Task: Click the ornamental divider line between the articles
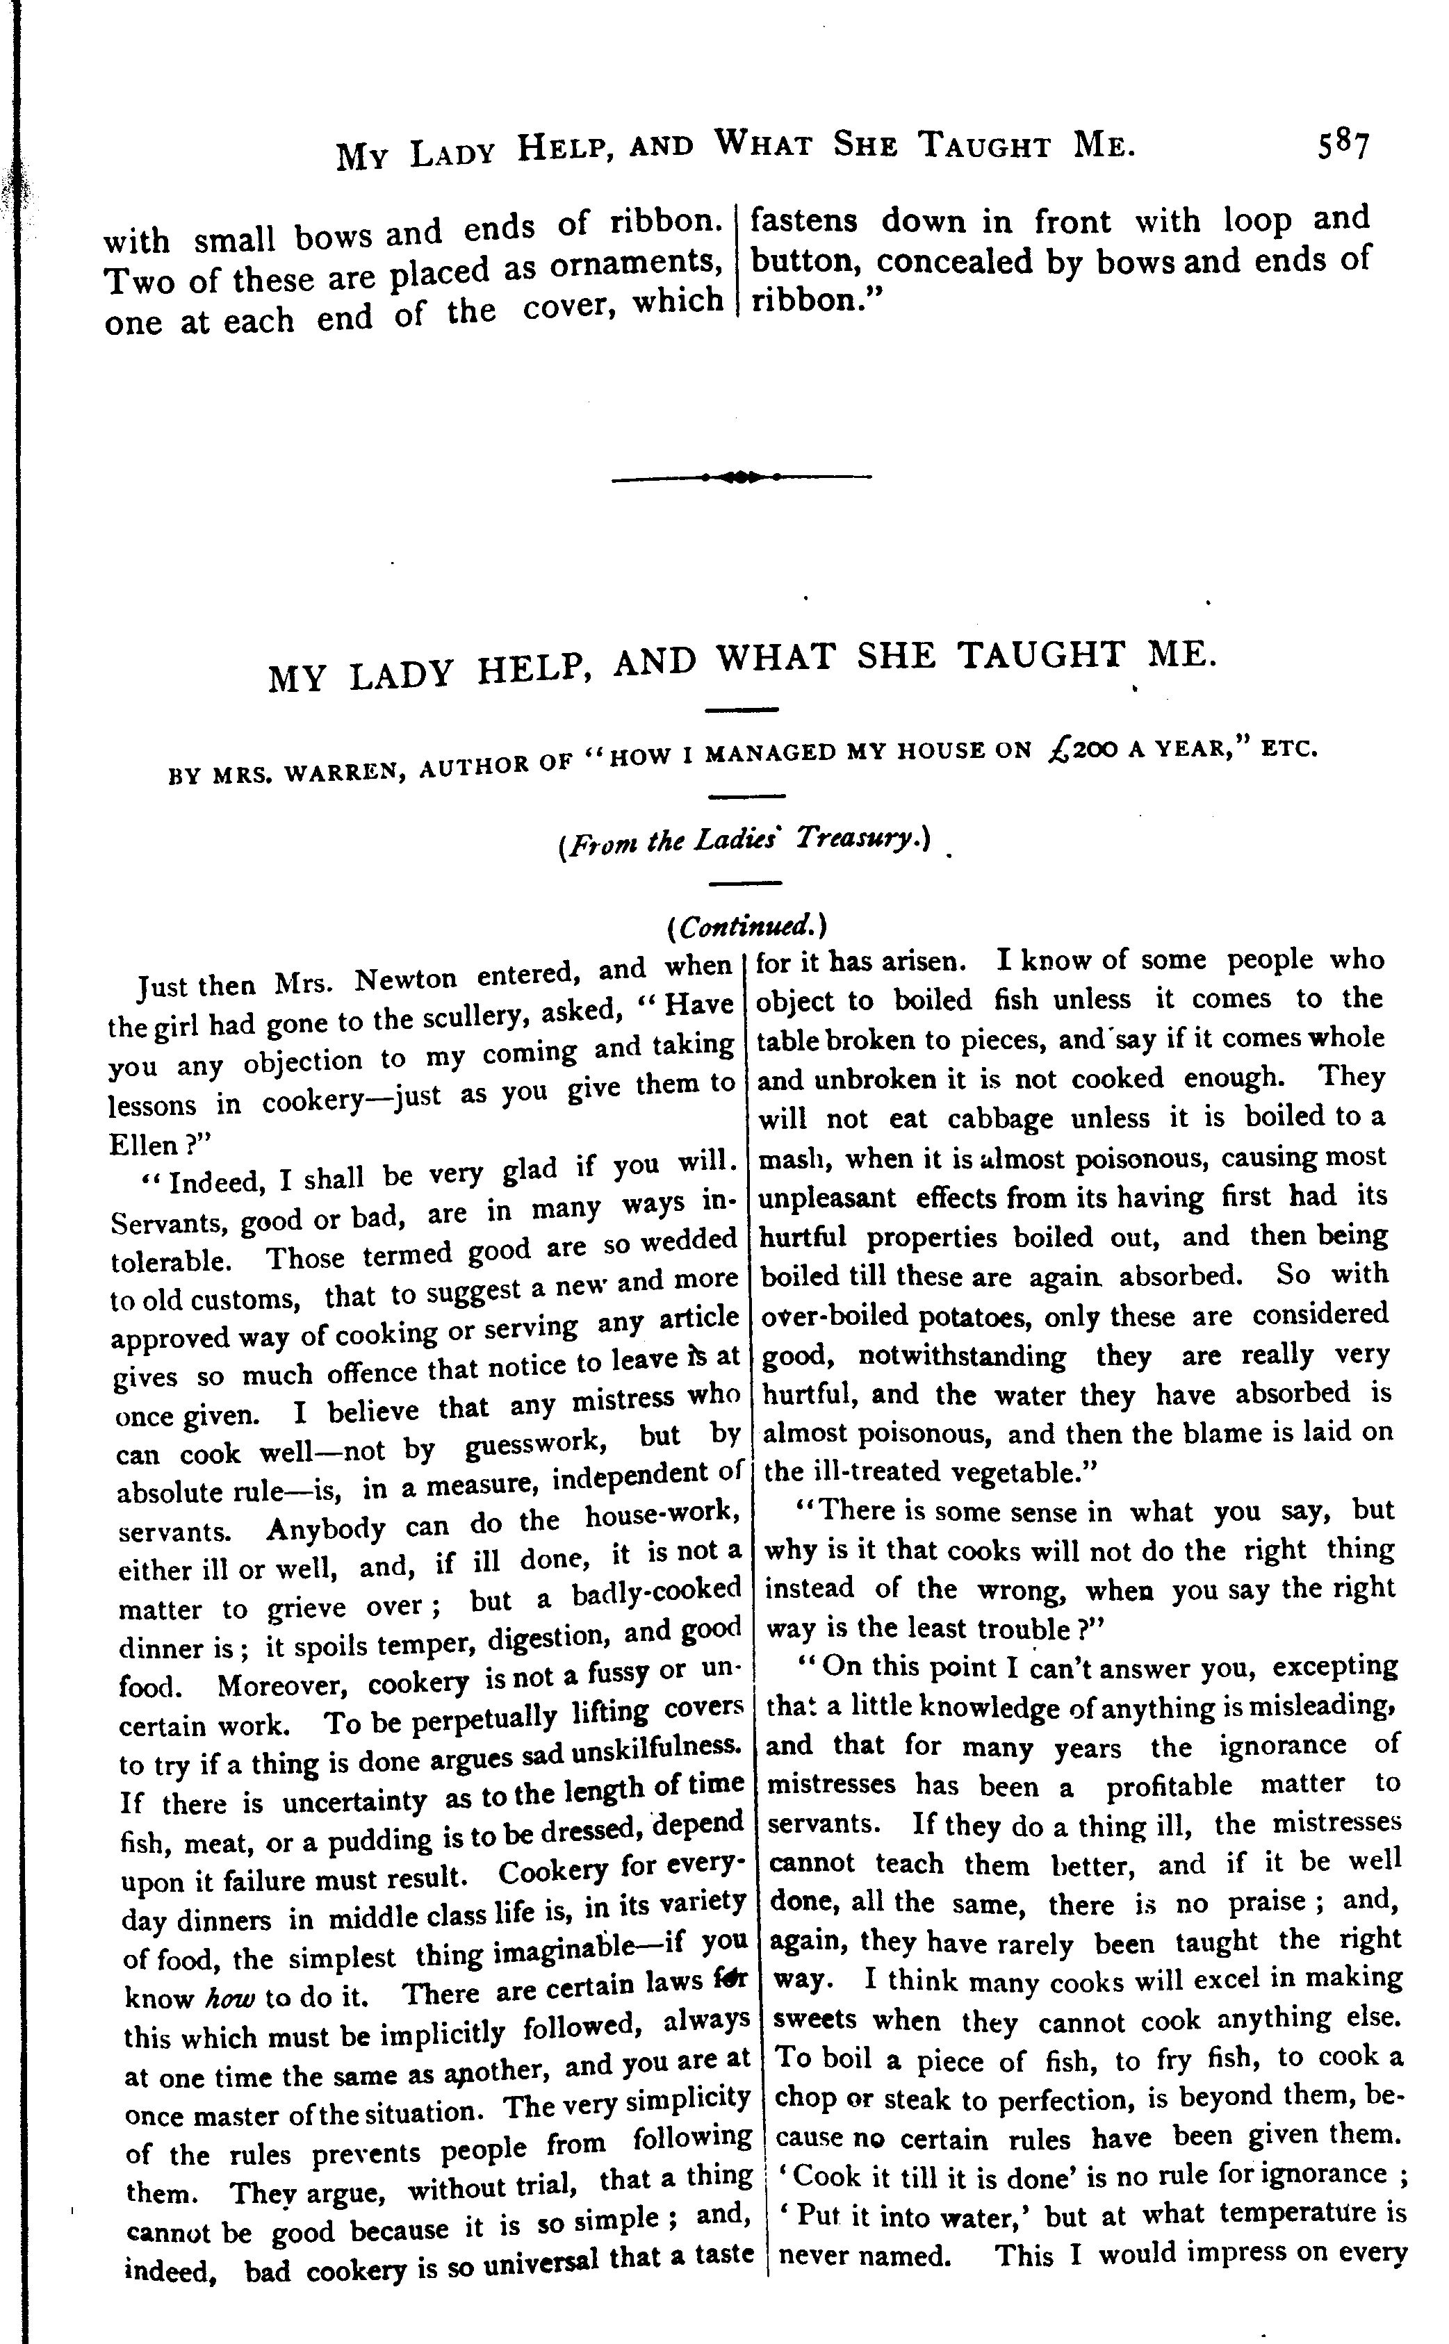pos(740,476)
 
